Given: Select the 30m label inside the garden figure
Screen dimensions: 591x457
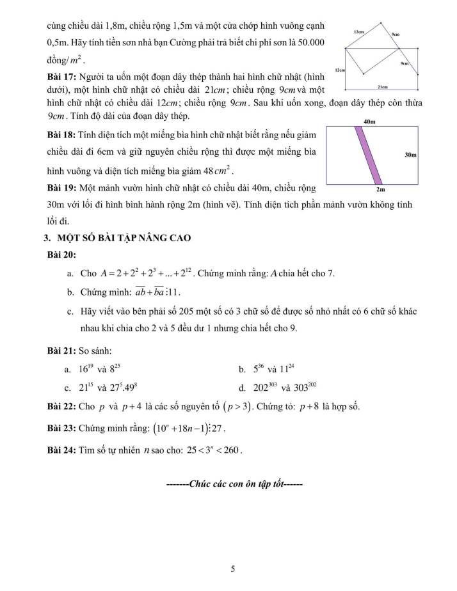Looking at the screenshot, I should pyautogui.click(x=410, y=155).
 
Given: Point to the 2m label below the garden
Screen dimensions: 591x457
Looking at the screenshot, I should pyautogui.click(x=380, y=190).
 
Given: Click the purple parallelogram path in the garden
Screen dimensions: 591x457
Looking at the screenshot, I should pyautogui.click(x=368, y=155).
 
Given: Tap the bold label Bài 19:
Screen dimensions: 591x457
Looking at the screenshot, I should pyautogui.click(x=62, y=189).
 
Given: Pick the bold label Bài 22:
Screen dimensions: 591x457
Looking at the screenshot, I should pyautogui.click(x=62, y=407).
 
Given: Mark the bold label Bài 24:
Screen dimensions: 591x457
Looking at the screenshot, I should pyautogui.click(x=62, y=449).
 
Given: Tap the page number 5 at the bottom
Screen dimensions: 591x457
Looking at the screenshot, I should pyautogui.click(x=233, y=569).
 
